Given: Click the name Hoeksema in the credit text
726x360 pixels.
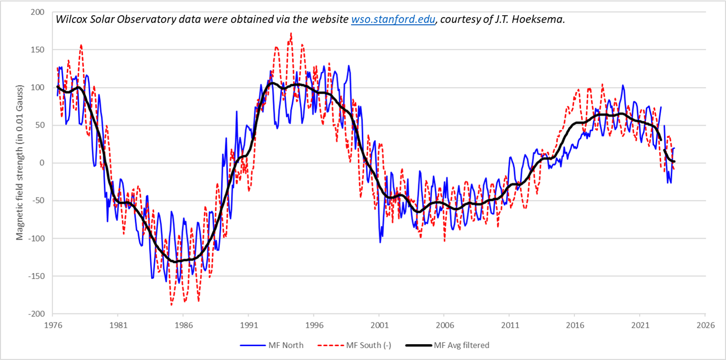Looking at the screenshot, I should (543, 20).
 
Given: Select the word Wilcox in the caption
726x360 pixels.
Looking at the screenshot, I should (70, 20).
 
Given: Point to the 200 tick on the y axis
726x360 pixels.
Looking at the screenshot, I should (38, 12).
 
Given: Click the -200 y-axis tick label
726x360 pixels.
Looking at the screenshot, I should (37, 314).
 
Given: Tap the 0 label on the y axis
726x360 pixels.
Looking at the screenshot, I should (42, 163).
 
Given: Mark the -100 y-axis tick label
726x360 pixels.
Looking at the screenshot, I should (37, 239).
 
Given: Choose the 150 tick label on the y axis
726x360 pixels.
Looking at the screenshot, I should (38, 50).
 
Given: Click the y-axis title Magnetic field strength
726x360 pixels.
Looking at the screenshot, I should (20, 163).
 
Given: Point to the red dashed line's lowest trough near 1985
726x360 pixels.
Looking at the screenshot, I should (171, 305).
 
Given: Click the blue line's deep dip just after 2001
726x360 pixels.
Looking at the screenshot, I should (380, 242).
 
